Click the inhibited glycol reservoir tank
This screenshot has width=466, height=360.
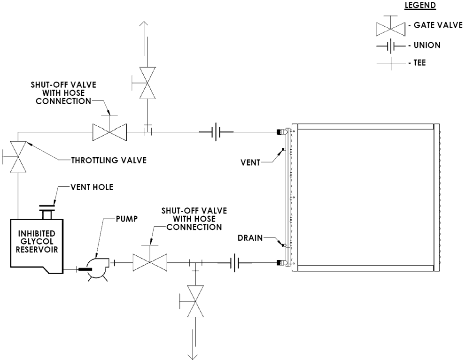(x=37, y=246)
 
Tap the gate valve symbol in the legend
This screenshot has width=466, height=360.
(x=390, y=27)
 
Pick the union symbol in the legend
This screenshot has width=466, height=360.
(x=391, y=46)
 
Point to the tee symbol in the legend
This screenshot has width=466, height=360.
(x=391, y=63)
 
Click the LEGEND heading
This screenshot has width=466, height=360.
(x=420, y=5)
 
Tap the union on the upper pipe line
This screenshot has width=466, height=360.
(x=216, y=132)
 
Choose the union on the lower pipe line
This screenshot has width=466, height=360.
(x=235, y=262)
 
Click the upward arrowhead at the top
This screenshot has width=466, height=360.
(x=144, y=25)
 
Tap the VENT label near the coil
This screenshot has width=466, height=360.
(x=250, y=162)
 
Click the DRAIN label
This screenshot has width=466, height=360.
(x=250, y=238)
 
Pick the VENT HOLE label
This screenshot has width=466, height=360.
(x=92, y=187)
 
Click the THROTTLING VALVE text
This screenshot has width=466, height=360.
(x=109, y=161)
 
